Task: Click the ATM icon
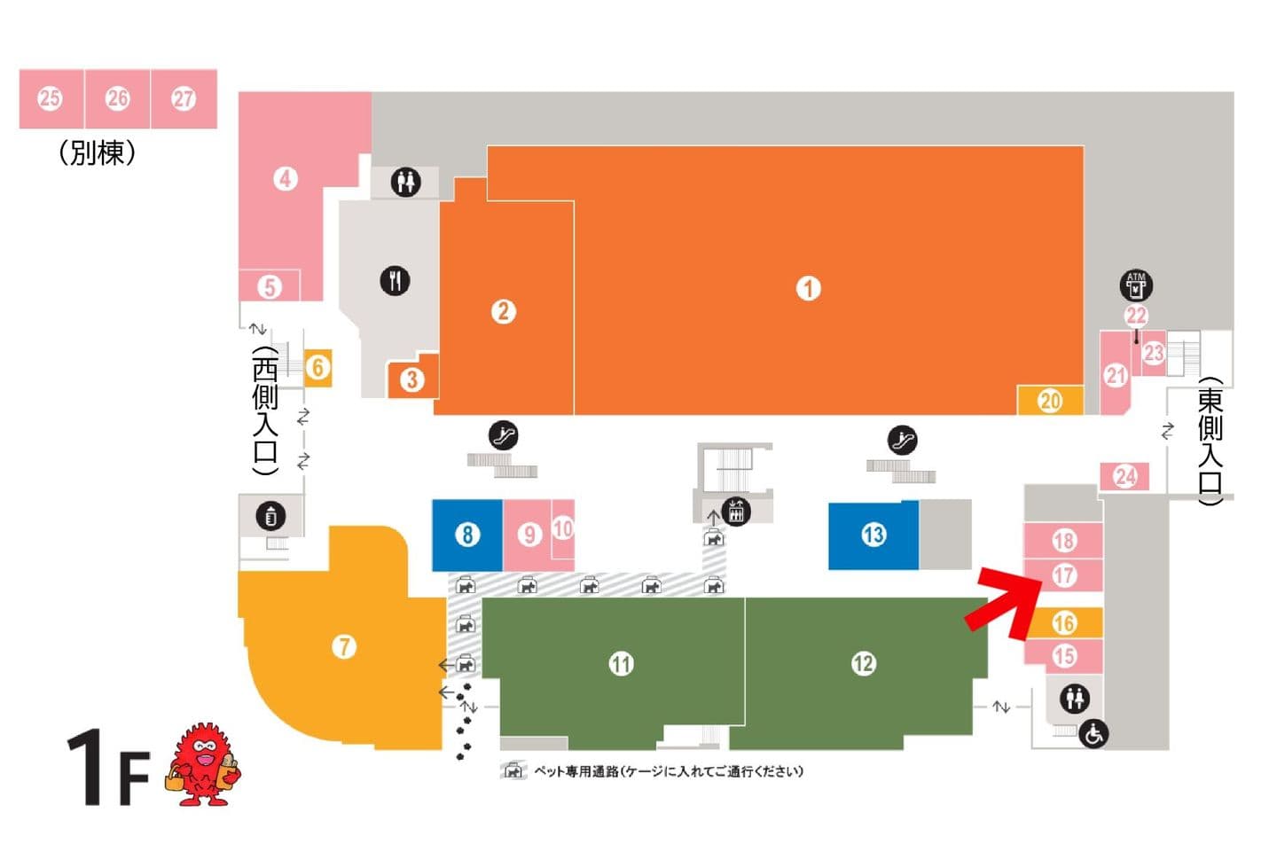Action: (x=1136, y=285)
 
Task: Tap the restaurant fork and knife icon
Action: (x=396, y=280)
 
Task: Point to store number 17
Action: (x=1064, y=575)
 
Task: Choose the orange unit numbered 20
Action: (x=1050, y=401)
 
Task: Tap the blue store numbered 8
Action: (x=467, y=535)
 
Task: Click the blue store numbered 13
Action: (x=874, y=535)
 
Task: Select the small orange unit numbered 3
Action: (x=412, y=379)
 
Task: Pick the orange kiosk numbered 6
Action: (x=317, y=368)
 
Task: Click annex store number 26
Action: (x=117, y=98)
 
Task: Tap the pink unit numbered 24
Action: (x=1124, y=476)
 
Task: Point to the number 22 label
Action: (x=1136, y=315)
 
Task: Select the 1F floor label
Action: (x=108, y=767)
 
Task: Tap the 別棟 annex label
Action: (x=97, y=152)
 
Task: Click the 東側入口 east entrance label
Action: (x=1210, y=442)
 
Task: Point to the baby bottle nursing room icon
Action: (x=270, y=516)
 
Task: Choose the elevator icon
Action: (x=736, y=511)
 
